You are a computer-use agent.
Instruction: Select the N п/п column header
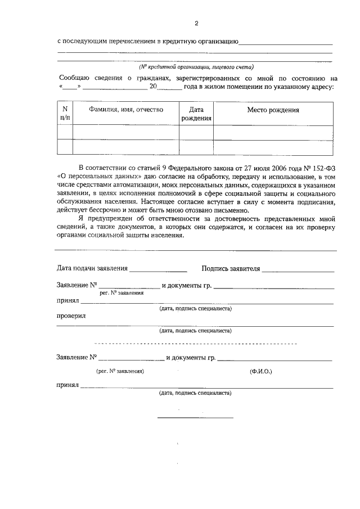(65, 114)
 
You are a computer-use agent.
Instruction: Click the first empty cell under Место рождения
(273, 132)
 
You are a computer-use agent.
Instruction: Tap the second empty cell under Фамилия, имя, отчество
(126, 146)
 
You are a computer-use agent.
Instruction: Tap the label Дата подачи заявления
(92, 268)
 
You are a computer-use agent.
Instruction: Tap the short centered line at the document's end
(195, 417)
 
